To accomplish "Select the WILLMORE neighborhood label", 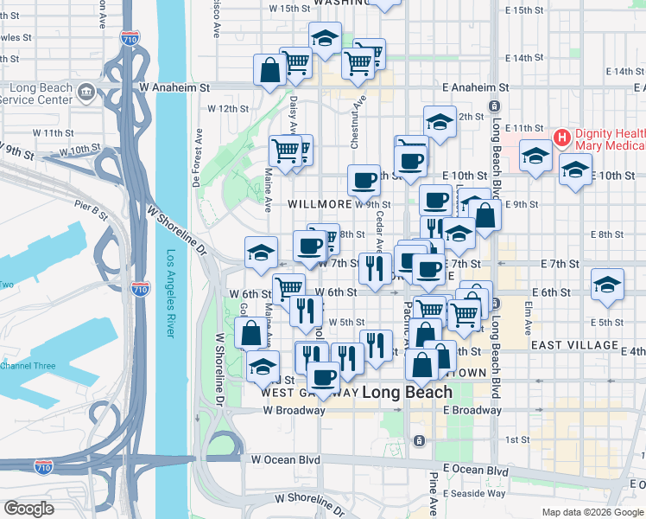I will [319, 204].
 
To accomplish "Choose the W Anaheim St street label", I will [174, 87].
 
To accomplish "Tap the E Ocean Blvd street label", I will [474, 470].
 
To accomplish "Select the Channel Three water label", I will [28, 366].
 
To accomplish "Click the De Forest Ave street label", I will [197, 158].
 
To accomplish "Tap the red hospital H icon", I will [561, 137].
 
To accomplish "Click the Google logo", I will [28, 509].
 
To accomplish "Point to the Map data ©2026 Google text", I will [592, 512].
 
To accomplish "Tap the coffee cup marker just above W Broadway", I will [324, 377].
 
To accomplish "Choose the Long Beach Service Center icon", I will [85, 91].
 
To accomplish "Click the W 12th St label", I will [228, 109].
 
